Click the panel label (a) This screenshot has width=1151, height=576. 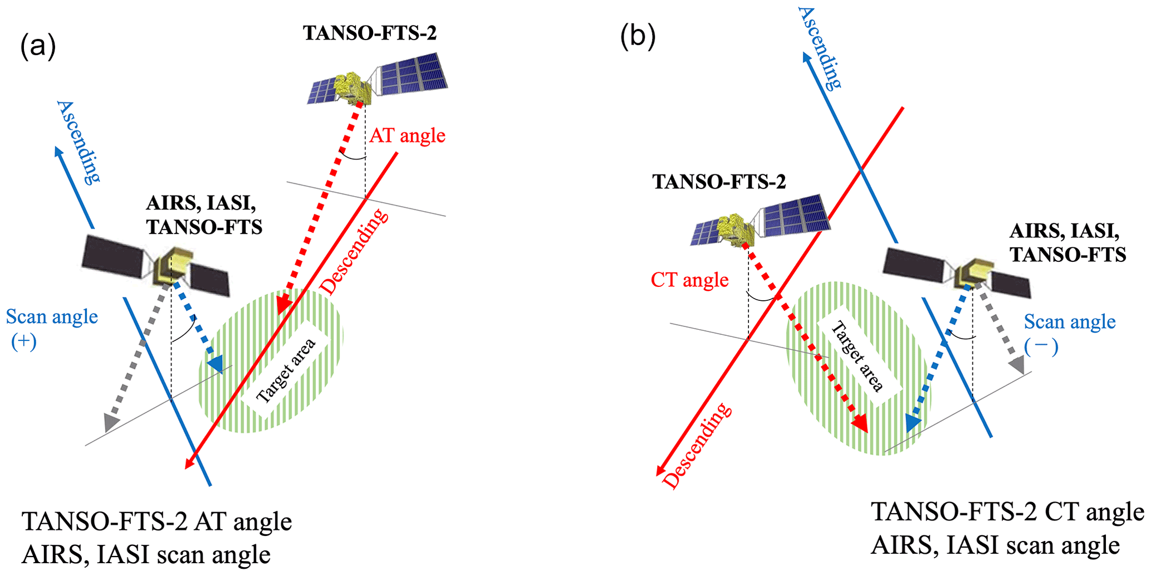tap(38, 46)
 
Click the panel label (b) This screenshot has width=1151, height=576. tap(638, 37)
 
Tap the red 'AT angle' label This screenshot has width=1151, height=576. tap(407, 135)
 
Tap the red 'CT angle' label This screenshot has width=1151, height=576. tap(689, 280)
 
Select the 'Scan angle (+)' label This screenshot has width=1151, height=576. tap(51, 328)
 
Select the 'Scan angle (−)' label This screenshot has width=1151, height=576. tap(1069, 333)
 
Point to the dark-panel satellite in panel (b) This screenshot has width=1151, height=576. tap(957, 273)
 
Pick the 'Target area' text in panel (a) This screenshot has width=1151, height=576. tap(286, 370)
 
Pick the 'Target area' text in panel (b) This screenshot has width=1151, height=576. tap(857, 357)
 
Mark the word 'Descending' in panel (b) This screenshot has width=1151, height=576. tap(698, 446)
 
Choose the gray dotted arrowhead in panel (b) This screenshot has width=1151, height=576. tap(1017, 365)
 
